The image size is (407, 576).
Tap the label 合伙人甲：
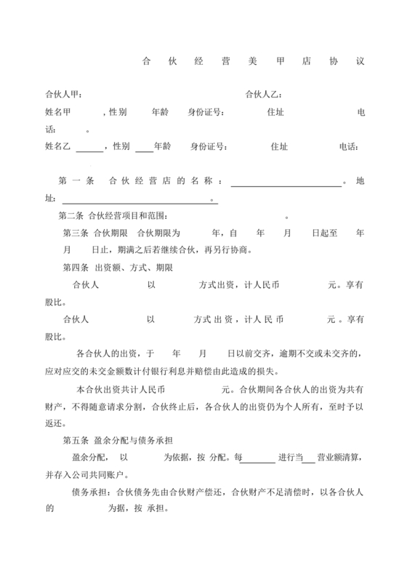pos(63,95)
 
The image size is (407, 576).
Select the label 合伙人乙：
pos(264,95)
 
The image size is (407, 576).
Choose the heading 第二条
pos(73,217)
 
